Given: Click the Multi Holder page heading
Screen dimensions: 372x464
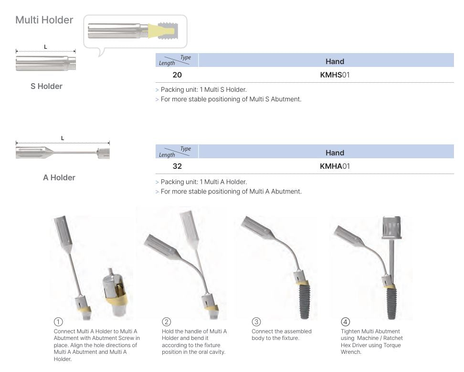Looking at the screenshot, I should (44, 20).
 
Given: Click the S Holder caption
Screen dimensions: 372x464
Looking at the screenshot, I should (46, 86).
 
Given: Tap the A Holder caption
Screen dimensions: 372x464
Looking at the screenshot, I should (59, 177).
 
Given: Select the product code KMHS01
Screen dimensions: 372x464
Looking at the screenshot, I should (335, 75).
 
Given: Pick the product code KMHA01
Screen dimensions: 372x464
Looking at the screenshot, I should (335, 166).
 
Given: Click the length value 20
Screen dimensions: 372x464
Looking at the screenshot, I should (177, 75).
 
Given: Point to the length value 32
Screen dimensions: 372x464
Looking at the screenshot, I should (177, 166).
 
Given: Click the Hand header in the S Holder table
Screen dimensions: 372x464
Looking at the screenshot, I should (335, 61).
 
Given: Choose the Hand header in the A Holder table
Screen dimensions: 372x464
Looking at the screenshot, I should (335, 153).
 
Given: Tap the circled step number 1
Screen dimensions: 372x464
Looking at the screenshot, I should (58, 322).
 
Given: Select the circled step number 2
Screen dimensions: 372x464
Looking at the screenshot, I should (166, 322).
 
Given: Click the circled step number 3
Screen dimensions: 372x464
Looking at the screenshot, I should (256, 322).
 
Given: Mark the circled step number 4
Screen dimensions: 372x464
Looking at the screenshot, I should (345, 322).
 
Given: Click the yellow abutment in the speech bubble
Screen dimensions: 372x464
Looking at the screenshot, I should (158, 32).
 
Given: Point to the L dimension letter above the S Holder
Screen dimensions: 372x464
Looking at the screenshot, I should (46, 47).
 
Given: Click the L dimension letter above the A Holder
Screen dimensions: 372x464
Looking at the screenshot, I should (63, 138).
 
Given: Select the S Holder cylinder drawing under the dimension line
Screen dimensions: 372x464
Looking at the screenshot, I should (45, 63).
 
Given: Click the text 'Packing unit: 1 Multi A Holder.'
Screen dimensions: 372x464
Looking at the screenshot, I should (204, 182).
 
